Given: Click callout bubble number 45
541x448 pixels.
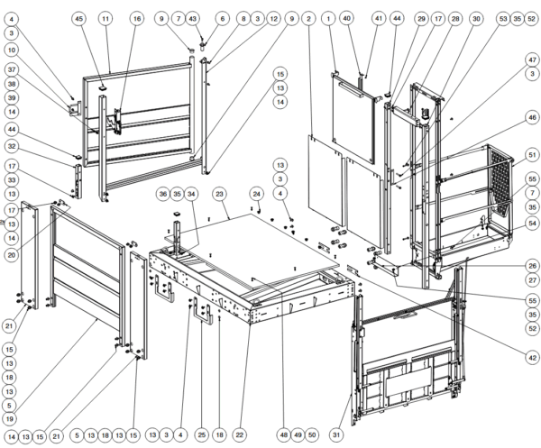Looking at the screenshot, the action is pyautogui.click(x=79, y=18).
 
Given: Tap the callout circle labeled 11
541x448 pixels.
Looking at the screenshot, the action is pyautogui.click(x=105, y=18).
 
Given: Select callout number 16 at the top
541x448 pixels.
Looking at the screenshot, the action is pyautogui.click(x=137, y=18).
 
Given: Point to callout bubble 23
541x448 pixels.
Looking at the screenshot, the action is pyautogui.click(x=219, y=194).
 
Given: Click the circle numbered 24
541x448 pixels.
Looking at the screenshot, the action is pyautogui.click(x=256, y=194).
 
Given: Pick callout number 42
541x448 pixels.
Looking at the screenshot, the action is pyautogui.click(x=532, y=358).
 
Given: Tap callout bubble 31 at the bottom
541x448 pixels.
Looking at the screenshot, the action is pyautogui.click(x=336, y=434).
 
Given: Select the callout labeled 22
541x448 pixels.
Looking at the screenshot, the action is pyautogui.click(x=240, y=434).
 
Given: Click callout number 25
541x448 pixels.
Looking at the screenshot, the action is pyautogui.click(x=202, y=434).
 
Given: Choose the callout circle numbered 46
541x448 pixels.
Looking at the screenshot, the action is pyautogui.click(x=532, y=117).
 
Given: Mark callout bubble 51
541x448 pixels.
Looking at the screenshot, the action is pyautogui.click(x=532, y=154).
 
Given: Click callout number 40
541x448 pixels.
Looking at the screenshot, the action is pyautogui.click(x=347, y=18).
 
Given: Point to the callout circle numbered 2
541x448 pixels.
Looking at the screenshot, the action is pyautogui.click(x=308, y=18).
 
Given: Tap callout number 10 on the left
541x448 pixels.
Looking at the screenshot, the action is pyautogui.click(x=12, y=50).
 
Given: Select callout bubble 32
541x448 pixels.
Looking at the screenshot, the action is pyautogui.click(x=12, y=146).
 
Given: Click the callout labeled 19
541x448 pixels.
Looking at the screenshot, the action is pyautogui.click(x=10, y=418).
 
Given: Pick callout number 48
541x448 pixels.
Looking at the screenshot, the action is pyautogui.click(x=284, y=434).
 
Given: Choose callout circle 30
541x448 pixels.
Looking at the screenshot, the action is pyautogui.click(x=476, y=18).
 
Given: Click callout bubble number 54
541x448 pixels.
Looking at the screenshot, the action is pyautogui.click(x=532, y=224).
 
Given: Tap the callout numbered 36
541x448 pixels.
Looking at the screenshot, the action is pyautogui.click(x=163, y=194).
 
